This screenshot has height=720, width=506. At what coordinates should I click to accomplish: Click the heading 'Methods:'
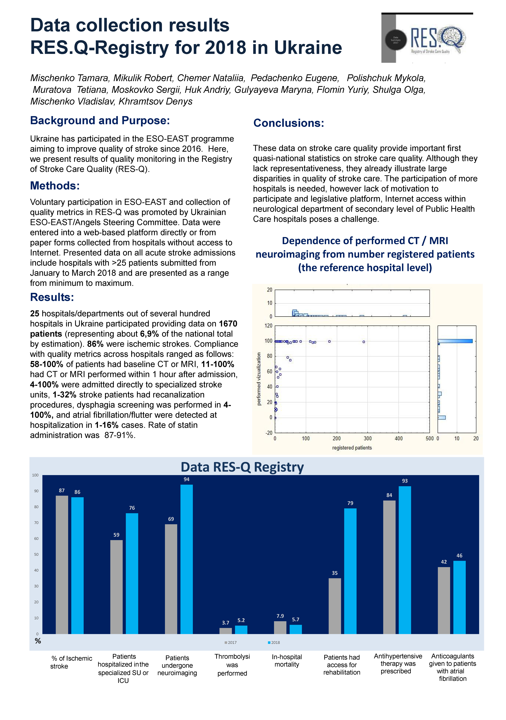pos(55,186)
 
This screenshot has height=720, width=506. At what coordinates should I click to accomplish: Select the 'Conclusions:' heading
pos(288,123)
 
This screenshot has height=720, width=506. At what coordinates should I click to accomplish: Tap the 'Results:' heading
pos(52,297)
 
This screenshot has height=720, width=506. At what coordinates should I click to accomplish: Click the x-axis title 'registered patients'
pos(352,448)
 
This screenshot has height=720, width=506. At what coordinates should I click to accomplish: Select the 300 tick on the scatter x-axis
pos(367,438)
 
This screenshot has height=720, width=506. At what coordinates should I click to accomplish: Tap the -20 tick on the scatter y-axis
pos(269,433)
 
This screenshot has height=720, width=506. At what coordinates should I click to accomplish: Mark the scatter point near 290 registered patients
pos(364,342)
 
